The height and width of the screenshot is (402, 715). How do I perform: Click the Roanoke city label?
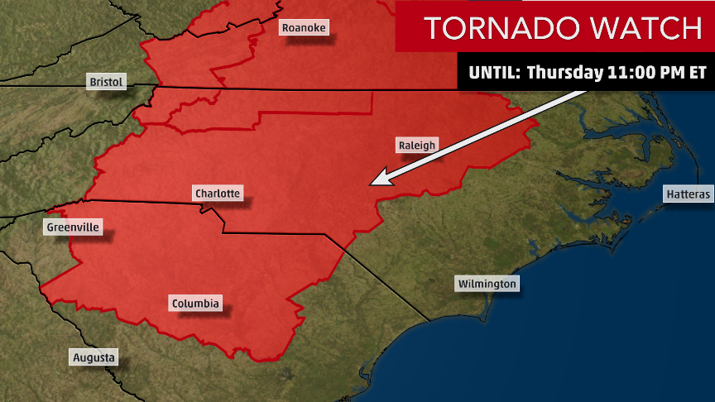click(x=305, y=28)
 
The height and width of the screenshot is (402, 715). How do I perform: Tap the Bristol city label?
click(x=107, y=82)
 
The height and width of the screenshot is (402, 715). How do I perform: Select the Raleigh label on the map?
click(x=416, y=146)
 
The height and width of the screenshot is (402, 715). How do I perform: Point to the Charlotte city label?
click(x=217, y=194)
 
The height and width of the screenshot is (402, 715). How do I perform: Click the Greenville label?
click(x=73, y=227)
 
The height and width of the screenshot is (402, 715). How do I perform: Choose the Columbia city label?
click(x=196, y=304)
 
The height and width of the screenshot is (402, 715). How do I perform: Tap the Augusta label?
click(x=94, y=358)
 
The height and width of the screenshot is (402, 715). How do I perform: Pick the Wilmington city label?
click(x=487, y=284)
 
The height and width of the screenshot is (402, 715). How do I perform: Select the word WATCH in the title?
click(x=646, y=28)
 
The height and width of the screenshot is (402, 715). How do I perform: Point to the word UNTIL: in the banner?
click(x=494, y=72)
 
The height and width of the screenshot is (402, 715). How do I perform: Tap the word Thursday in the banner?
click(x=565, y=72)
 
